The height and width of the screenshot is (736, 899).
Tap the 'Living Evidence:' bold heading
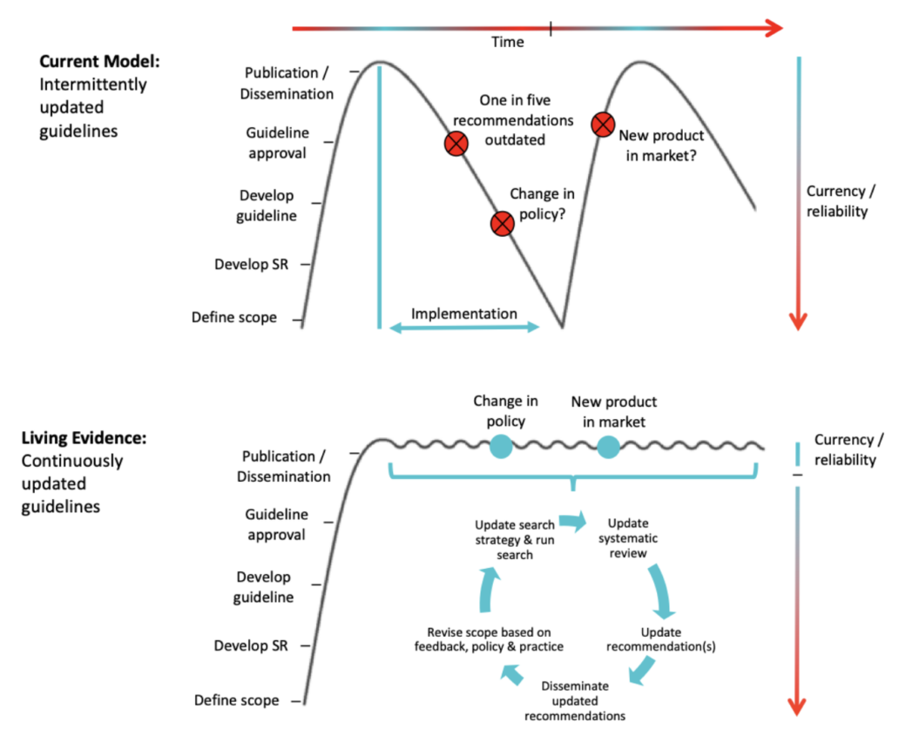pos(83,437)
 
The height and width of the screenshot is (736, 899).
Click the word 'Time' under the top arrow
pos(508,42)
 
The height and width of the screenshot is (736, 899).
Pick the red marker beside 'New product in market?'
pos(602,125)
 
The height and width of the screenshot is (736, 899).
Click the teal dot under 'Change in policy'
pos(502,447)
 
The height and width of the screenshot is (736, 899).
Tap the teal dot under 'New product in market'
pos(608,448)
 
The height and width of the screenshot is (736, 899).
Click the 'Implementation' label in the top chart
pos(464,314)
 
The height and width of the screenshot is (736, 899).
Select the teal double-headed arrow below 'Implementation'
pos(464,327)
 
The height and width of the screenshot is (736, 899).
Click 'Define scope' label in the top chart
pos(234,318)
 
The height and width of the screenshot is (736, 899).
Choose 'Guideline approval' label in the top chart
pos(275,144)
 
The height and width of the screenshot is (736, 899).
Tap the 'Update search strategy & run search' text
pos(514,540)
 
